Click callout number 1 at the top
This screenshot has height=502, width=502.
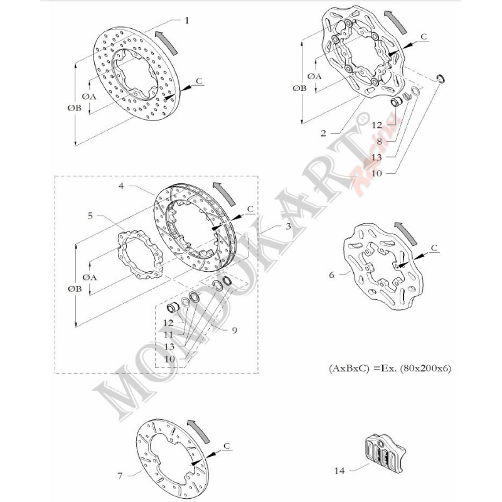186,20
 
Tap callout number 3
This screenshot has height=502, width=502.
287,226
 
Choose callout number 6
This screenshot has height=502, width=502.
332,274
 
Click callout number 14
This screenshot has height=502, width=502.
339,468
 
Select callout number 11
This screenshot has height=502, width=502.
168,335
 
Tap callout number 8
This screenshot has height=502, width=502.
379,141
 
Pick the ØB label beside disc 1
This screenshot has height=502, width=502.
74,108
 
